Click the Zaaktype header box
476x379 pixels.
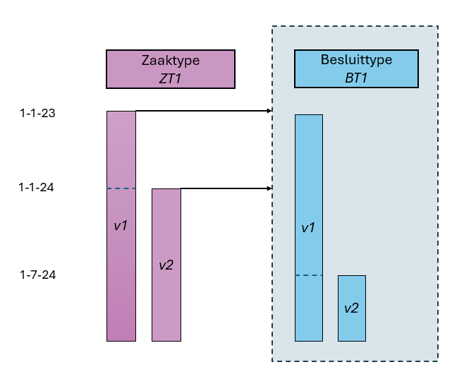click(x=170, y=68)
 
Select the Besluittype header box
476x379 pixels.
click(x=356, y=68)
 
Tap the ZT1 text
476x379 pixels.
click(x=170, y=78)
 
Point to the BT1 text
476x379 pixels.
click(x=356, y=78)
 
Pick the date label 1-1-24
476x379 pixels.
click(x=36, y=187)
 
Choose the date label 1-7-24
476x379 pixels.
click(x=37, y=275)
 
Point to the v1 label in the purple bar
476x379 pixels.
click(x=121, y=225)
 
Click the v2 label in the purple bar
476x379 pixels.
click(x=166, y=265)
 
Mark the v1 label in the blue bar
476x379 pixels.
click(x=308, y=228)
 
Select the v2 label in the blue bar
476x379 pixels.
click(x=351, y=308)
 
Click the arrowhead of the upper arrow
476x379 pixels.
click(x=269, y=111)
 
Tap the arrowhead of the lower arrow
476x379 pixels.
click(x=269, y=188)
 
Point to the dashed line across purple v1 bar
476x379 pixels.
click(x=121, y=188)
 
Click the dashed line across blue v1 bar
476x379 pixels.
click(x=308, y=275)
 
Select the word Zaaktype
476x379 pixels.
click(x=170, y=61)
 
